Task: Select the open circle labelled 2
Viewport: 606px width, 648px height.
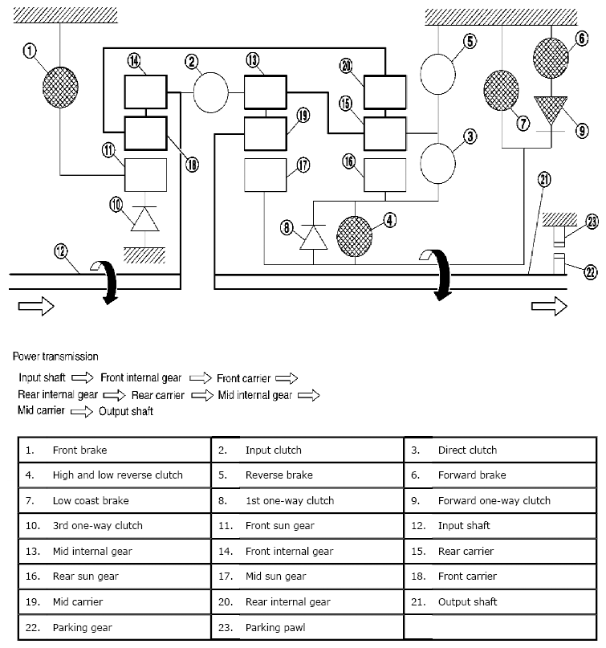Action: (211, 94)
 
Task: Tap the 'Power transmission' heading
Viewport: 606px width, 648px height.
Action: (55, 357)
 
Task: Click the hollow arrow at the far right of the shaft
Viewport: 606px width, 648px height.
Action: (553, 306)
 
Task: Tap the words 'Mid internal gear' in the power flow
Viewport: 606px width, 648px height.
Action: (255, 395)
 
